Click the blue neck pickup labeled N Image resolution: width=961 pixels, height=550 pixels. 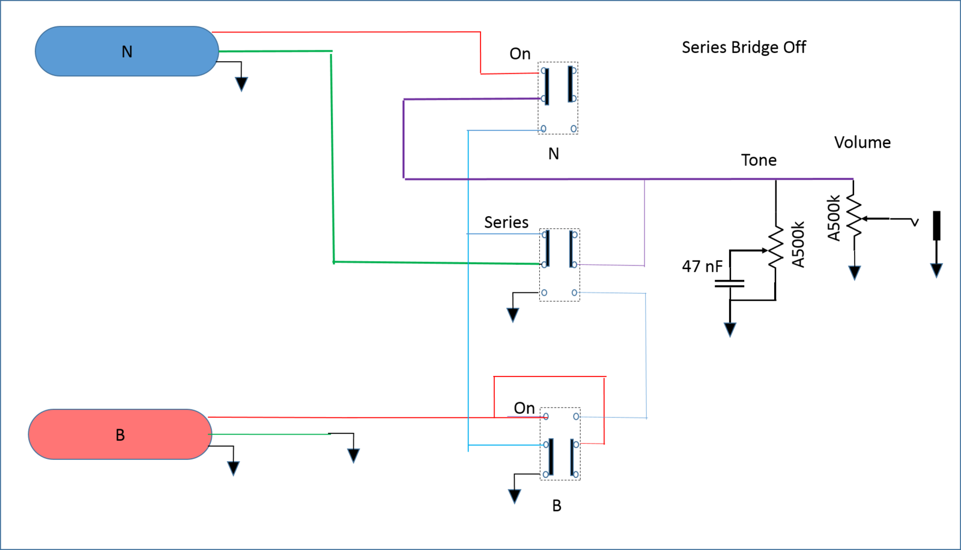pyautogui.click(x=127, y=52)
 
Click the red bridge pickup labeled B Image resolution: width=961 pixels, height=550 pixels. pyautogui.click(x=120, y=434)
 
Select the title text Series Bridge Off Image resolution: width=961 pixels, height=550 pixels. pyautogui.click(x=744, y=47)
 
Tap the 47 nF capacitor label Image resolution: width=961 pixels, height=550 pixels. pyautogui.click(x=702, y=267)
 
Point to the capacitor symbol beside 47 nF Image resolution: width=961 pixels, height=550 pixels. pyautogui.click(x=729, y=283)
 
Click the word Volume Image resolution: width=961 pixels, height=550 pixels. pyautogui.click(x=862, y=142)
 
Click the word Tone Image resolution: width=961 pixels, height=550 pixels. pyautogui.click(x=759, y=160)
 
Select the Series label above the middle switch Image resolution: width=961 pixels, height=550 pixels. pyautogui.click(x=506, y=222)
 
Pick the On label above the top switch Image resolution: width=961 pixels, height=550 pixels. pyautogui.click(x=520, y=53)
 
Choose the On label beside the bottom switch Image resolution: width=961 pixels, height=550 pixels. pyautogui.click(x=524, y=408)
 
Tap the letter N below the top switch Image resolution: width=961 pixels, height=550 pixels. pyautogui.click(x=553, y=154)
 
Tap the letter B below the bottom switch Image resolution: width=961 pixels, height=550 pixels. pyautogui.click(x=556, y=506)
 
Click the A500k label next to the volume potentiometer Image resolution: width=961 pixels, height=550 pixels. pyautogui.click(x=833, y=218)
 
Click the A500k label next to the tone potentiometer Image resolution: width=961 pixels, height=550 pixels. pyautogui.click(x=798, y=244)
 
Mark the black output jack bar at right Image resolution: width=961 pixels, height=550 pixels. pyautogui.click(x=937, y=226)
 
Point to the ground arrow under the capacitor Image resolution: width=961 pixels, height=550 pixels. pyautogui.click(x=730, y=330)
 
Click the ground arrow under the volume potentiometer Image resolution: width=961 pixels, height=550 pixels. pyautogui.click(x=855, y=273)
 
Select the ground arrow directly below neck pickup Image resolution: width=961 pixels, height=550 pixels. pyautogui.click(x=241, y=84)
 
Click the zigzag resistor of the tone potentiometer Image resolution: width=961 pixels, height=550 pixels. pyautogui.click(x=775, y=247)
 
